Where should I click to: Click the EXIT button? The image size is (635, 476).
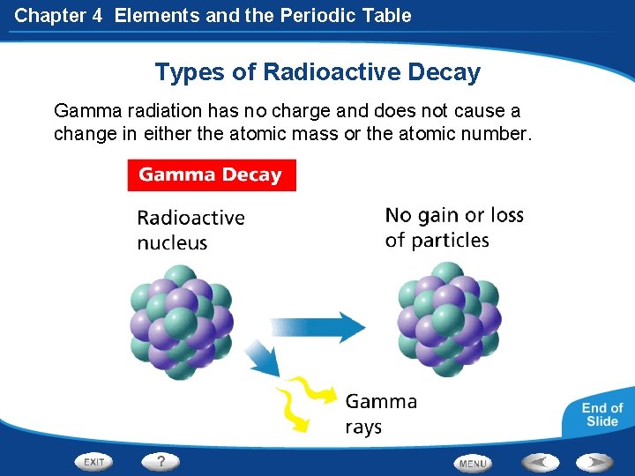coord(94,462)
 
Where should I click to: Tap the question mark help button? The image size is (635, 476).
coord(161,461)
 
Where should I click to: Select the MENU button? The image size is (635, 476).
coord(473,463)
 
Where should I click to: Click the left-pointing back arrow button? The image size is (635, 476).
coord(539,462)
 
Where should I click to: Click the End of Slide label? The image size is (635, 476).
coord(602,414)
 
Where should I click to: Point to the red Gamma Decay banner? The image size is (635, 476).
coord(211,175)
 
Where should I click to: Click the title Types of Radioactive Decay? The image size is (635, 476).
coord(317,71)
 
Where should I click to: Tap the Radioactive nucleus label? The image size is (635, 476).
coord(190,229)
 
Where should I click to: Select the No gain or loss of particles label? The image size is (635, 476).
coord(454,227)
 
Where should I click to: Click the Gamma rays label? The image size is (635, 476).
coord(381,414)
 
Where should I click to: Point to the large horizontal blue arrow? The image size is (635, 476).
coord(317,327)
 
